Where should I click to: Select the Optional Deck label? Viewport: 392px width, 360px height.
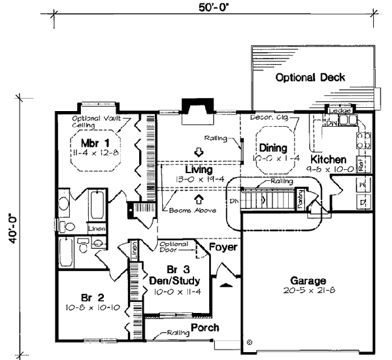coord(310,78)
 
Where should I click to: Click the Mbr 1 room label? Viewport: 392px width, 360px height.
coord(93,142)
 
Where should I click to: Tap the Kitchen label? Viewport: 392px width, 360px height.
coord(327,159)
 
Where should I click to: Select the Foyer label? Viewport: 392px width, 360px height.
coord(222,248)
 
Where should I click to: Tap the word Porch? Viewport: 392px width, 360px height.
coord(204,327)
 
